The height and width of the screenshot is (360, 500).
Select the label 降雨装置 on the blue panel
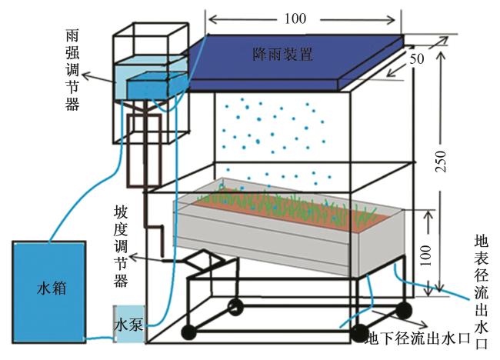click(x=283, y=55)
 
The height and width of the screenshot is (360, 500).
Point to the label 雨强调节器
click(x=72, y=70)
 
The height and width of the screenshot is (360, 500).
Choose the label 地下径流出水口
click(x=416, y=338)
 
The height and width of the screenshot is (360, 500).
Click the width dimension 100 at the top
click(x=303, y=16)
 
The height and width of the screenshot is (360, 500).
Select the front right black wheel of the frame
click(x=359, y=332)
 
